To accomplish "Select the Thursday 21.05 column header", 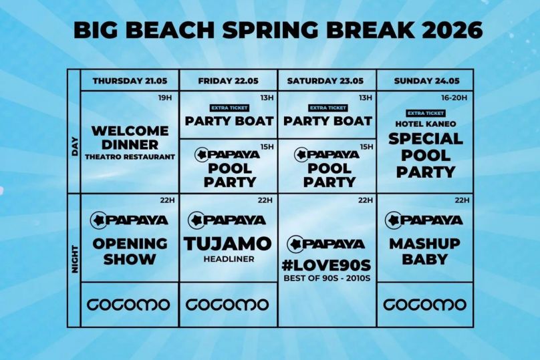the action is [x=130, y=81].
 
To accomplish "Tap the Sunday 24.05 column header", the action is [x=426, y=81].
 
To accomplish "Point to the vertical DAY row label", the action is [x=75, y=147].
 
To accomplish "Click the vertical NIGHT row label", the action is [x=75, y=259].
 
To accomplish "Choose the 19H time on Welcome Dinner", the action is [x=165, y=98].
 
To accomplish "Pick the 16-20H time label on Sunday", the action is [x=454, y=98].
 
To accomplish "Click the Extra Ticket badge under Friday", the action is [x=229, y=108].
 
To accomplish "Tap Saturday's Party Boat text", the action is [x=328, y=121].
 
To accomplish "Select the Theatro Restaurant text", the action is [x=130, y=157].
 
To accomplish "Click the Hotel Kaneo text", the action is [x=426, y=124].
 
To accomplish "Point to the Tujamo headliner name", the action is [x=228, y=244].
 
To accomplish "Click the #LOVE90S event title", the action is [x=327, y=265].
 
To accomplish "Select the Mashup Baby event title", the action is [x=425, y=252].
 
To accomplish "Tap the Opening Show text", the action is [x=130, y=252].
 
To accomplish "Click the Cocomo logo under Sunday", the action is [x=425, y=305].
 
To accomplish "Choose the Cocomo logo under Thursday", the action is [x=128, y=305].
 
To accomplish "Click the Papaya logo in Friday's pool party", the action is [x=227, y=154].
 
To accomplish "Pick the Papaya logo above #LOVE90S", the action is [x=325, y=244].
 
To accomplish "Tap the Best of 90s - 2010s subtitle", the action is [x=327, y=278].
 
